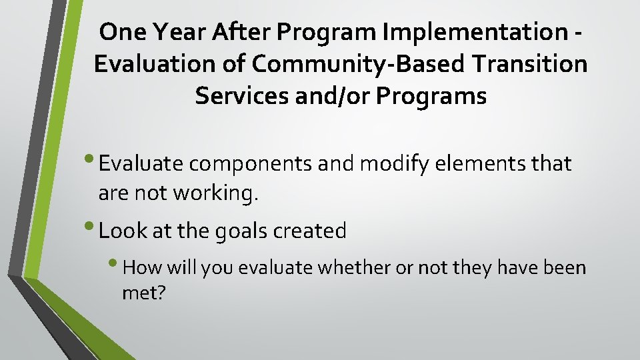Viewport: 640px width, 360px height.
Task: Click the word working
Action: [214, 193]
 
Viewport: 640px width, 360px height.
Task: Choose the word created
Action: [315, 231]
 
